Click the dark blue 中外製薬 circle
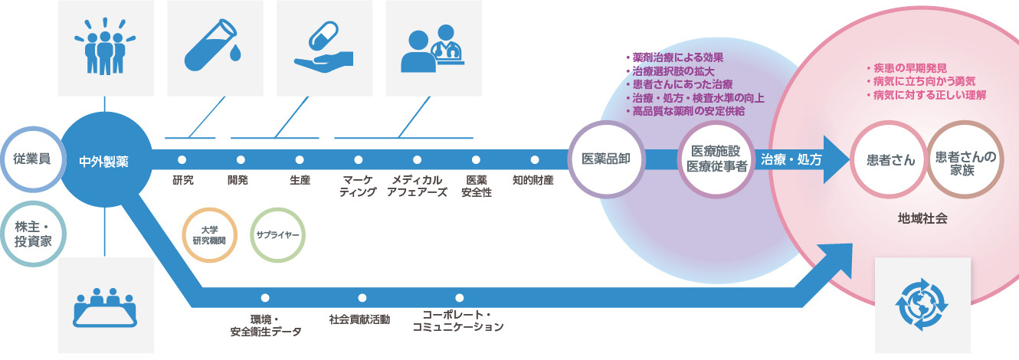(x=103, y=161)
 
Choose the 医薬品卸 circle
(x=606, y=160)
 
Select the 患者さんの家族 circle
(x=965, y=160)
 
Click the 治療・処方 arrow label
(x=791, y=160)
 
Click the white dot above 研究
(x=182, y=160)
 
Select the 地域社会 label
(x=922, y=218)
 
